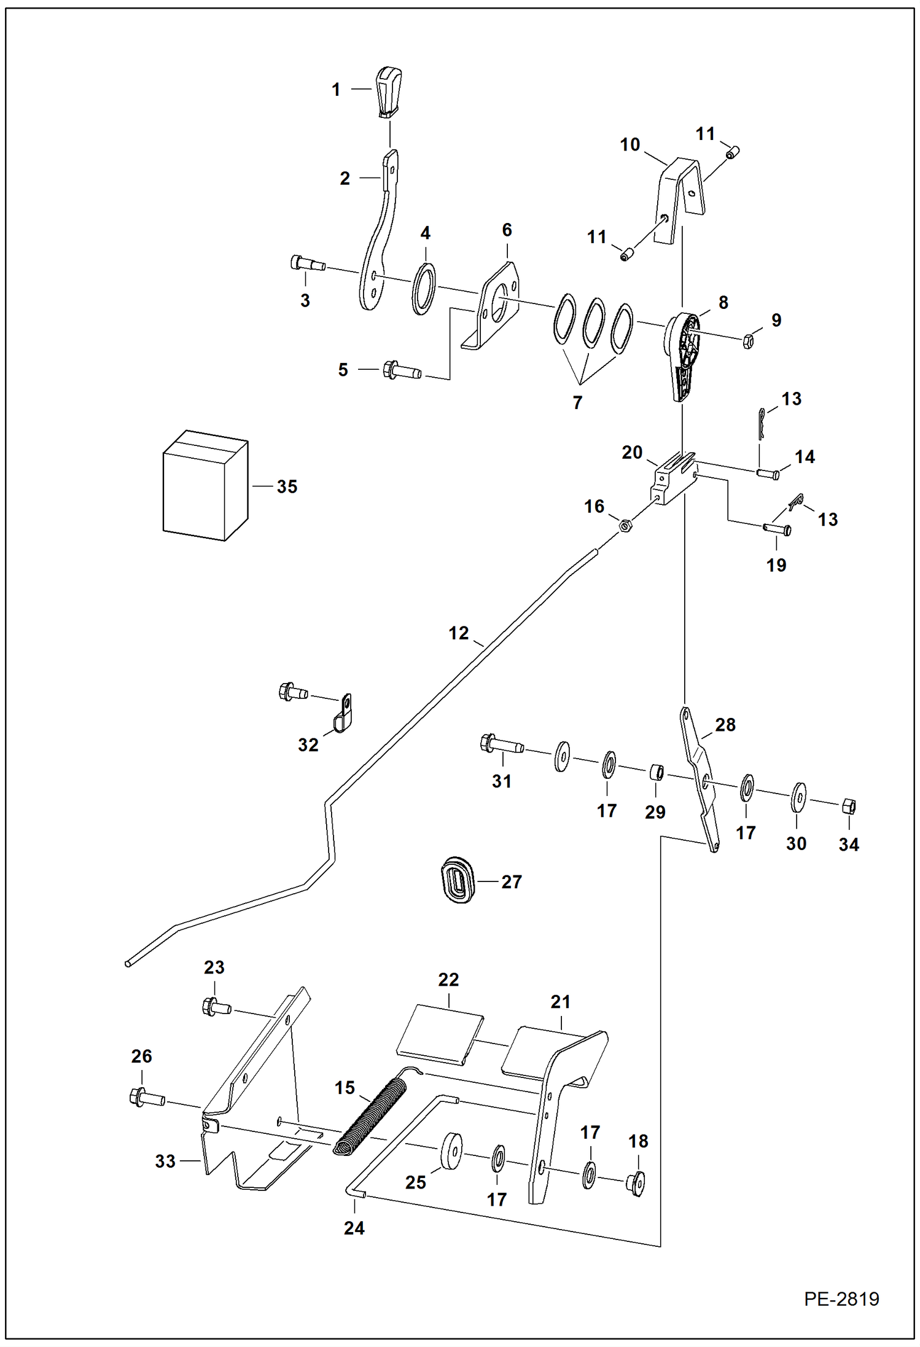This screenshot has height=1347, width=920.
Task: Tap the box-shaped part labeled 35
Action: coord(205,485)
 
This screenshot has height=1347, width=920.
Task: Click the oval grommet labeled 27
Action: coord(457,880)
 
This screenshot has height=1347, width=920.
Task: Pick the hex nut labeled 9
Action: coord(748,341)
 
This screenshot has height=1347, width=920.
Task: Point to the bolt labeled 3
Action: coord(305,265)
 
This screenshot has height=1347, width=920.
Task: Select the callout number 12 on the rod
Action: coord(458,633)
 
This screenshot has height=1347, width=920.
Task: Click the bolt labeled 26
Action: coord(147,1097)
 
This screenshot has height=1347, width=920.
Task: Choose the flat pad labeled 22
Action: coord(440,1033)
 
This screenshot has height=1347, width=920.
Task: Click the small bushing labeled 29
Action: coord(657,771)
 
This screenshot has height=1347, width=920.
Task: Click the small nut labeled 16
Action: coord(625,526)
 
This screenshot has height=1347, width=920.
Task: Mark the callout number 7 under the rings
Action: coord(577,403)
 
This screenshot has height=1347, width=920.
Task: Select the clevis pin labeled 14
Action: coord(768,473)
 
